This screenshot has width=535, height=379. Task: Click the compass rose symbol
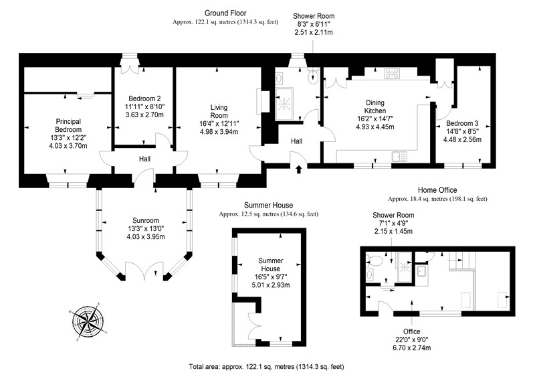point(88,321)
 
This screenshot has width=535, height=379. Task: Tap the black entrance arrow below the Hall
point(299,169)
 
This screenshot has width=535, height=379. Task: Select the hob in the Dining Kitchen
point(392,74)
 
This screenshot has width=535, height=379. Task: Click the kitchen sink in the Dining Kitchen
point(399,157)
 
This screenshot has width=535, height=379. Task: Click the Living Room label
point(219,111)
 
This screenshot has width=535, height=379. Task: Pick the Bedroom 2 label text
point(144,98)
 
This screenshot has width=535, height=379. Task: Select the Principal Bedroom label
point(68,125)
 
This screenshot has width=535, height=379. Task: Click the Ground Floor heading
point(225,13)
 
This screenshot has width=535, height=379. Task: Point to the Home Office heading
point(437,190)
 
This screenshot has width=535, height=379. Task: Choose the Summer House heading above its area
point(269,205)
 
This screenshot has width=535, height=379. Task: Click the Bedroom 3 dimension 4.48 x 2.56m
point(462,139)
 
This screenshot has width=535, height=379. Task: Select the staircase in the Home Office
point(462,260)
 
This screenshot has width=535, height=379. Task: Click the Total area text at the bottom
point(266,367)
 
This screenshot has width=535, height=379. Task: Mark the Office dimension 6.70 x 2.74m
point(411,348)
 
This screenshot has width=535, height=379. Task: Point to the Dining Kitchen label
point(375,106)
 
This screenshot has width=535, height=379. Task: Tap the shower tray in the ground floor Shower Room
point(284,104)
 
